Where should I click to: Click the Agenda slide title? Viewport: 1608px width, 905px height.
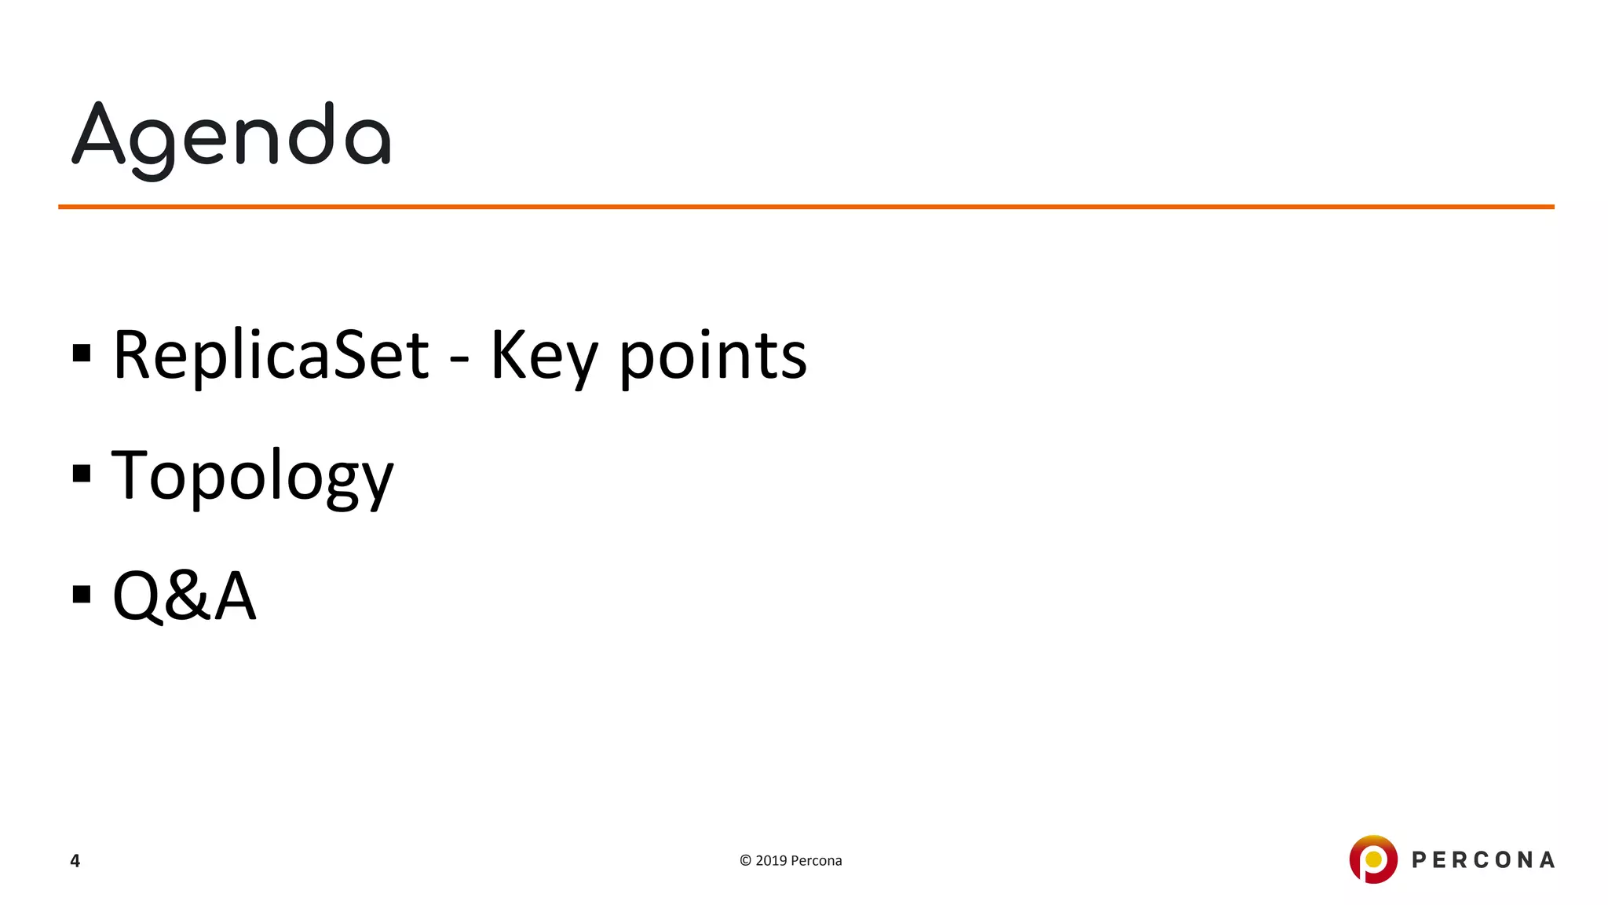click(x=232, y=137)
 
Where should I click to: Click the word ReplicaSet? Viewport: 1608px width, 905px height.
click(x=271, y=355)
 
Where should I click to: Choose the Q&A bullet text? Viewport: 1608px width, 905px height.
click(x=184, y=595)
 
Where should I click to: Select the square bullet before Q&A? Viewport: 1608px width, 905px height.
click(x=82, y=594)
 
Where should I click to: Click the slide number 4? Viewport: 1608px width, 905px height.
click(x=75, y=861)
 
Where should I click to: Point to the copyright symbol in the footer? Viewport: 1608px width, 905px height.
click(x=745, y=861)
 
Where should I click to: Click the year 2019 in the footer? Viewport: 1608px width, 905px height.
click(x=771, y=861)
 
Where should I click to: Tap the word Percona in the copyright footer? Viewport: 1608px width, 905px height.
click(x=817, y=861)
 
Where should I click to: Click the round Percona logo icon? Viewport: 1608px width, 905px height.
click(x=1373, y=859)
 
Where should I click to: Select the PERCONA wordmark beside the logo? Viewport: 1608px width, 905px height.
click(x=1483, y=860)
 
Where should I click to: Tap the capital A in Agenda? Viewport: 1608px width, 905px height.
click(x=99, y=135)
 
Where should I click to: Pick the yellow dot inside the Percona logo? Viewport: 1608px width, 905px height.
click(x=1373, y=859)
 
